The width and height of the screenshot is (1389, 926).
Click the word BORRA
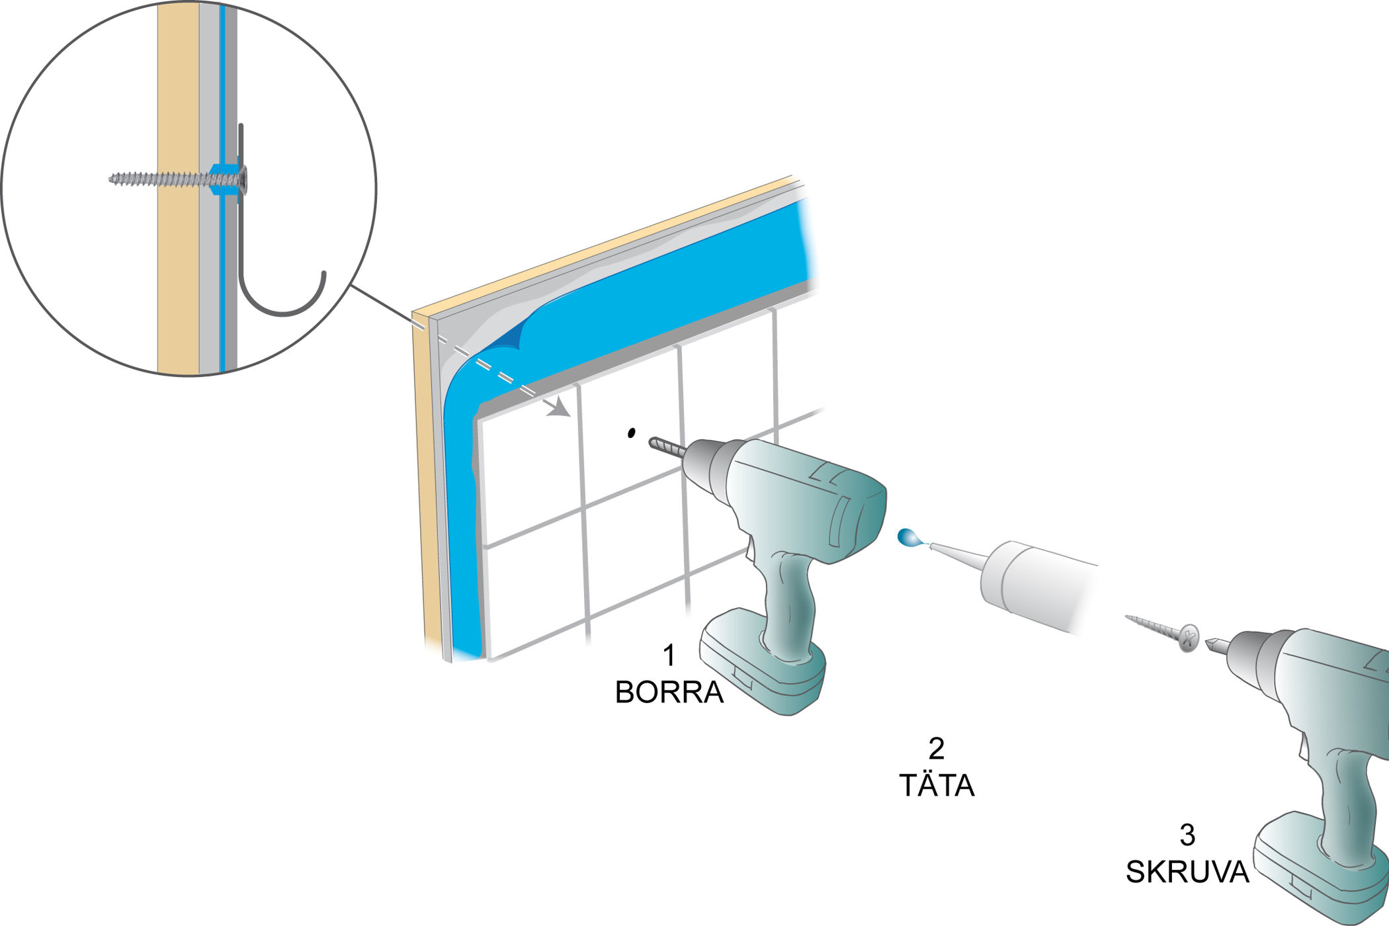tap(669, 692)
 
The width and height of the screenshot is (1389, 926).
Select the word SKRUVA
tap(1187, 872)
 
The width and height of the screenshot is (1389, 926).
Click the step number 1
tap(669, 655)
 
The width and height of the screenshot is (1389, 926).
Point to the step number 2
tap(937, 748)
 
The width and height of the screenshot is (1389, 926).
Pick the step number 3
tap(1187, 835)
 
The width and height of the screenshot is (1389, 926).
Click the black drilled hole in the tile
tap(631, 433)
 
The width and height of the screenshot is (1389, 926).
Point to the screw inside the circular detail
tap(178, 179)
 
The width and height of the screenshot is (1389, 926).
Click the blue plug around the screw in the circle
tap(225, 179)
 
